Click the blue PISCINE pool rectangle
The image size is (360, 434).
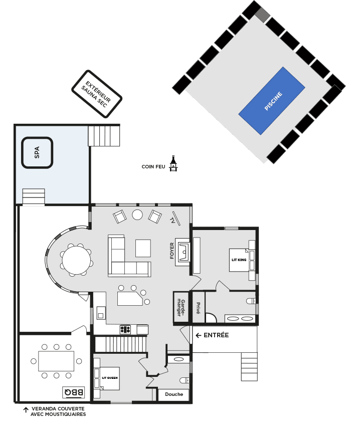coord(272,101)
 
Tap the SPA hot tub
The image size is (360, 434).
coord(37,152)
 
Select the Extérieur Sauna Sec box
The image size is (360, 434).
coord(97,94)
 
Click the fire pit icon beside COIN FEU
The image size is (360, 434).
coord(173,163)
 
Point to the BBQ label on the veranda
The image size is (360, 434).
coord(74,392)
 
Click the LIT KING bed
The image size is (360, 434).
coord(239,260)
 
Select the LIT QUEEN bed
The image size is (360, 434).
coord(110,378)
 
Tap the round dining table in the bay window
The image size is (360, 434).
coord(76,260)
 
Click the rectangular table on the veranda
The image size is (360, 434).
coord(56,361)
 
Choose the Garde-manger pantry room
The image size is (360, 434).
coord(181,308)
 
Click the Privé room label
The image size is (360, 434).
coord(198,308)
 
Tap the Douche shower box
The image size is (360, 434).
coord(174,394)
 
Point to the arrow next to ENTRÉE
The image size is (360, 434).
coord(198,335)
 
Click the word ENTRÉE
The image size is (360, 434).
coord(216,335)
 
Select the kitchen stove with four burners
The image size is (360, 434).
coord(125,330)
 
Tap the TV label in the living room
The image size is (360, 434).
coord(172,221)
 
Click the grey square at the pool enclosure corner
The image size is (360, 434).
coord(262,15)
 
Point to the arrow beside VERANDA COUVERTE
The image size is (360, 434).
coord(26,410)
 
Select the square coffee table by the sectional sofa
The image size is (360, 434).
coord(143,248)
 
